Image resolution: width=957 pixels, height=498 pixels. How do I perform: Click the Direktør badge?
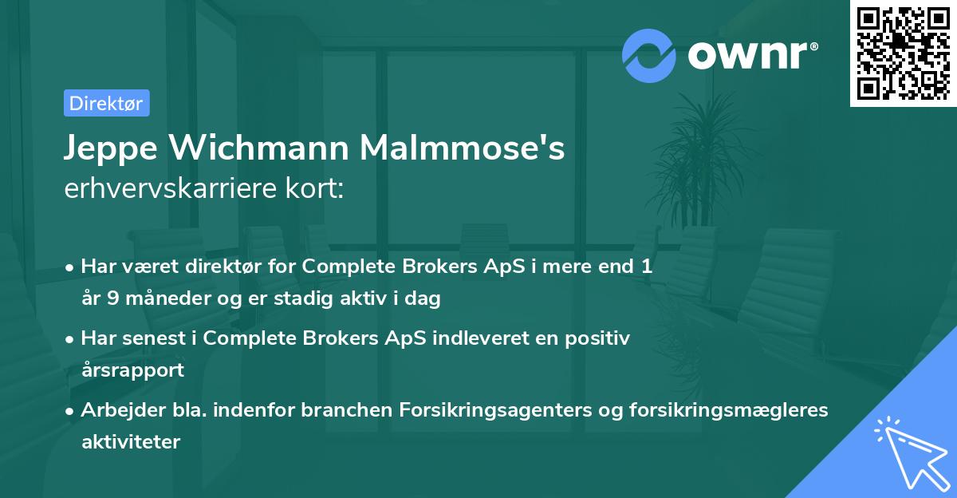(106, 103)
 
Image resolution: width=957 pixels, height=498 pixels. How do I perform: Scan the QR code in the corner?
(903, 53)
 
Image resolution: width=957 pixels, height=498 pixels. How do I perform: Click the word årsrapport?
(132, 370)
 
